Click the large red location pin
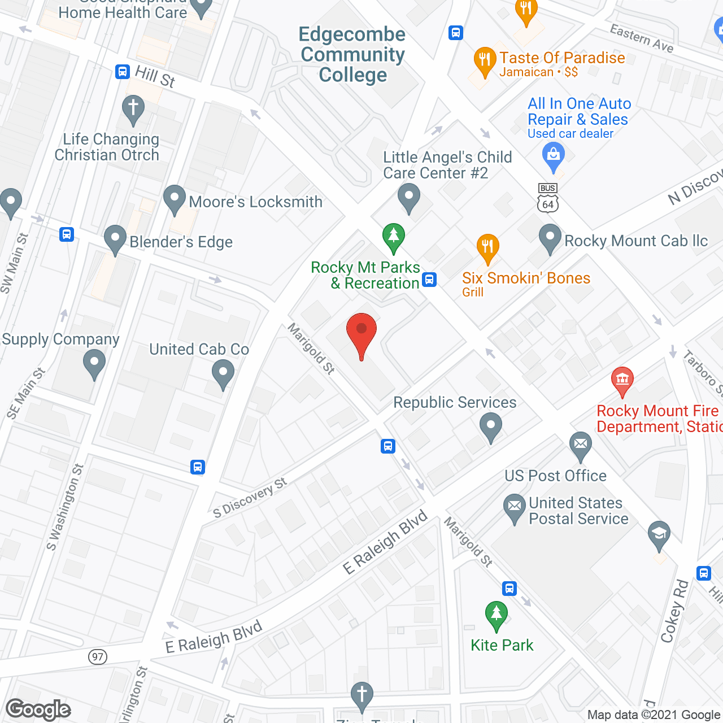[361, 333]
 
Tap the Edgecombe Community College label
[352, 55]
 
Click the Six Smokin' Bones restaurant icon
[487, 247]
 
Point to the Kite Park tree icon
[496, 615]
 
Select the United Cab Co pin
[223, 374]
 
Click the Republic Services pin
[491, 426]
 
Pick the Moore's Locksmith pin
[175, 199]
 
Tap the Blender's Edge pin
[115, 239]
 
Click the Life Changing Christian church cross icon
[133, 108]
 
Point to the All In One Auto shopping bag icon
[553, 156]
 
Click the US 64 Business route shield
[548, 198]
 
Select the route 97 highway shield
[98, 657]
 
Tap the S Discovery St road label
[250, 498]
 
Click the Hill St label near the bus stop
[155, 76]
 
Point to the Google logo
[38, 709]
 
